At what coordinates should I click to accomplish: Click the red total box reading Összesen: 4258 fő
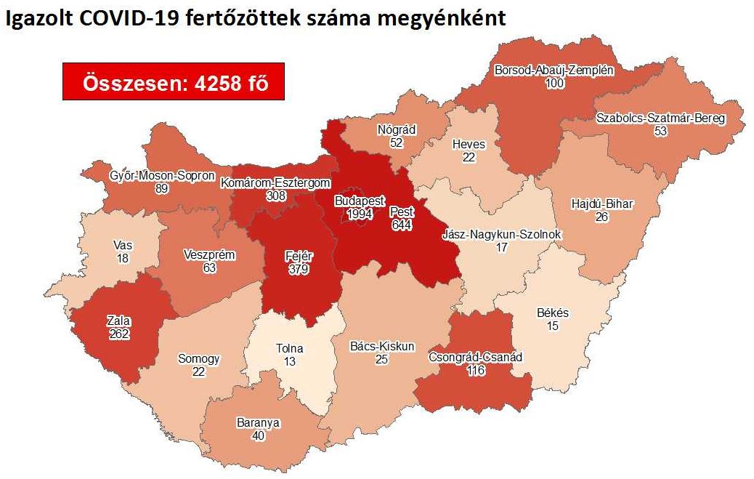(x=172, y=82)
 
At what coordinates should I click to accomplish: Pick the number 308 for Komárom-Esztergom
(x=275, y=196)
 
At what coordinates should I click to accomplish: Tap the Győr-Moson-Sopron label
(x=162, y=176)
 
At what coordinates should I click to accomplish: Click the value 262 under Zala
(x=118, y=334)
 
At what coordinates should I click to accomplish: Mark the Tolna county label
(x=291, y=348)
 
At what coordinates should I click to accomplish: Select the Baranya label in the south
(x=258, y=422)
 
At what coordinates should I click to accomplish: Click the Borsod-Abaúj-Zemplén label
(x=554, y=71)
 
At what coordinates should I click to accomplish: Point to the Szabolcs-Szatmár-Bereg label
(x=660, y=118)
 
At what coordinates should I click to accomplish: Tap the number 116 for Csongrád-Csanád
(x=476, y=371)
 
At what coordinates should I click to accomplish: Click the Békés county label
(x=553, y=314)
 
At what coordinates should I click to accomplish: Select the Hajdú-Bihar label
(x=601, y=204)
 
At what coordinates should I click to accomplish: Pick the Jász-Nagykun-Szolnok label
(x=501, y=235)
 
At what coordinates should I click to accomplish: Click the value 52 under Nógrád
(x=396, y=143)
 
